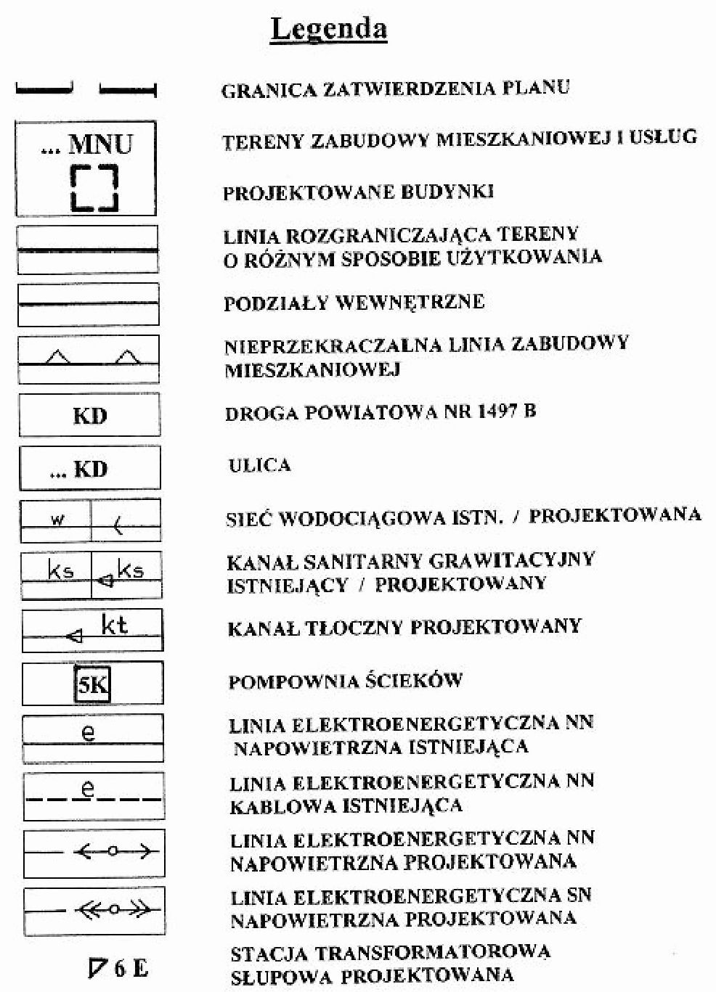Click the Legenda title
click(328, 30)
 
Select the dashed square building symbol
click(94, 188)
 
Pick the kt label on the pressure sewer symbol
click(115, 625)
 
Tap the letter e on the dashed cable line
click(88, 790)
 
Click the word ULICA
click(259, 465)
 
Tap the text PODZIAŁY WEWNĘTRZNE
click(354, 302)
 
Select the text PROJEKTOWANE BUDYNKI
click(358, 192)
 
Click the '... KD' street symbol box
click(90, 469)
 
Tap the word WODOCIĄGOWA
click(361, 519)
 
